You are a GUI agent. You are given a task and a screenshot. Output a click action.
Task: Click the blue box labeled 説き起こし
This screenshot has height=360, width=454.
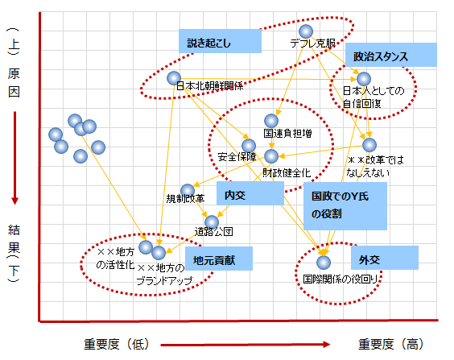[220, 41]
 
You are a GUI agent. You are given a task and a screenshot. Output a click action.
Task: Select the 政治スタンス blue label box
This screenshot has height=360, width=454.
[391, 55]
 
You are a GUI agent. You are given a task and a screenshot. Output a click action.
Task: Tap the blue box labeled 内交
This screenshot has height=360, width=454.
[250, 193]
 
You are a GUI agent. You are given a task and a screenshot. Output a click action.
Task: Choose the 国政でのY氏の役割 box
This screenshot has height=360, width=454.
[345, 206]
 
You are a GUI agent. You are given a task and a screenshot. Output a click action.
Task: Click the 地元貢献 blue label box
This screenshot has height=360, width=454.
[219, 259]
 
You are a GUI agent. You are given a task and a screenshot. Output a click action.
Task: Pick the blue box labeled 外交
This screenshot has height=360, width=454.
[385, 258]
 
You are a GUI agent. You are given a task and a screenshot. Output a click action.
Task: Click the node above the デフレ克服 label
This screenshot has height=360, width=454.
[306, 31]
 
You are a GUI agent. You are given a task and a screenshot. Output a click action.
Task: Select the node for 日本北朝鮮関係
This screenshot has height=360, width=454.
[174, 78]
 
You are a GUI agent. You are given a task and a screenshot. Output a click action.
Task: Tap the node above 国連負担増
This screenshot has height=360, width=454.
[271, 121]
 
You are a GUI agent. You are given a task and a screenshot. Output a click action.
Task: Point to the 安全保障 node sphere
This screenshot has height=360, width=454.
[249, 146]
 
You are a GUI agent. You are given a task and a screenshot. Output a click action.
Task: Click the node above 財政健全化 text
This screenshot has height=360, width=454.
[271, 156]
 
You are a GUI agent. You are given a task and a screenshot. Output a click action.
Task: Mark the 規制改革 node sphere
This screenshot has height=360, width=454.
[188, 191]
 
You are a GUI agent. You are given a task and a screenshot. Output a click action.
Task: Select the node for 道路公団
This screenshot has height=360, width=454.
[212, 222]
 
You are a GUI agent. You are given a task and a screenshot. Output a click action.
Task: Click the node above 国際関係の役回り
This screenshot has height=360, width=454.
[324, 263]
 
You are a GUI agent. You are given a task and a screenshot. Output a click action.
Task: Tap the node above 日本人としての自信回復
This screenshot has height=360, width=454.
[364, 79]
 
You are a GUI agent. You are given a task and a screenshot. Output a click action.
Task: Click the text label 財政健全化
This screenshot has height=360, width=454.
[287, 173]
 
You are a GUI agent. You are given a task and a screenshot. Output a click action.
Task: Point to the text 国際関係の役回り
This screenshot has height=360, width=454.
[340, 279]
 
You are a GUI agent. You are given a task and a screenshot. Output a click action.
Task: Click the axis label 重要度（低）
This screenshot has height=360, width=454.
[117, 344]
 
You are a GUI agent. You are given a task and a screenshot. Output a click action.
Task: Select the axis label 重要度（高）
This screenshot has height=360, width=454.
[391, 344]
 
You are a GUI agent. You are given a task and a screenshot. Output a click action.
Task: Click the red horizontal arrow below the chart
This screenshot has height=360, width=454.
[246, 345]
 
